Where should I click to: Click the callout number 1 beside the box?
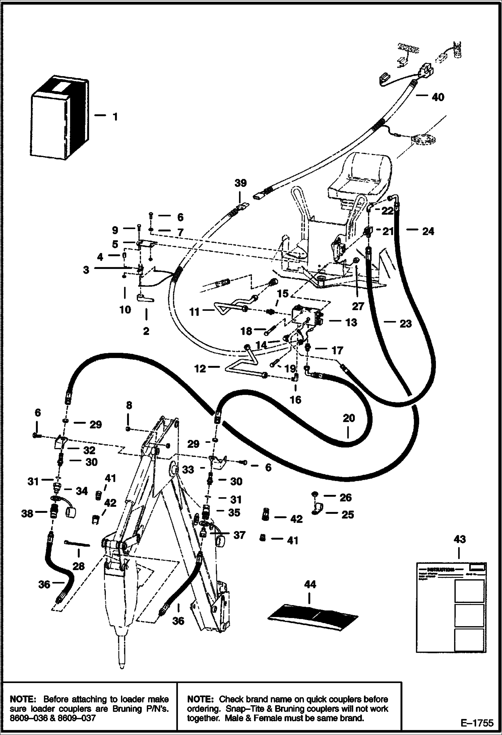tap(115, 117)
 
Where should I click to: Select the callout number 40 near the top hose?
tap(438, 97)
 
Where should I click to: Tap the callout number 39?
tap(241, 183)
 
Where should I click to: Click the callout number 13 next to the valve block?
tap(351, 322)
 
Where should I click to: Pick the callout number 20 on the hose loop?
tap(349, 418)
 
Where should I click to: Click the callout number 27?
tap(358, 306)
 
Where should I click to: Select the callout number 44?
tap(310, 585)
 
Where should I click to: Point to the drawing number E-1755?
tap(477, 723)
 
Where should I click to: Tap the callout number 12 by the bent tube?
tap(200, 369)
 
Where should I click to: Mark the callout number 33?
tap(188, 470)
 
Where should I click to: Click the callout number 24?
tap(428, 231)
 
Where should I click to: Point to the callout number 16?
tap(296, 400)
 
